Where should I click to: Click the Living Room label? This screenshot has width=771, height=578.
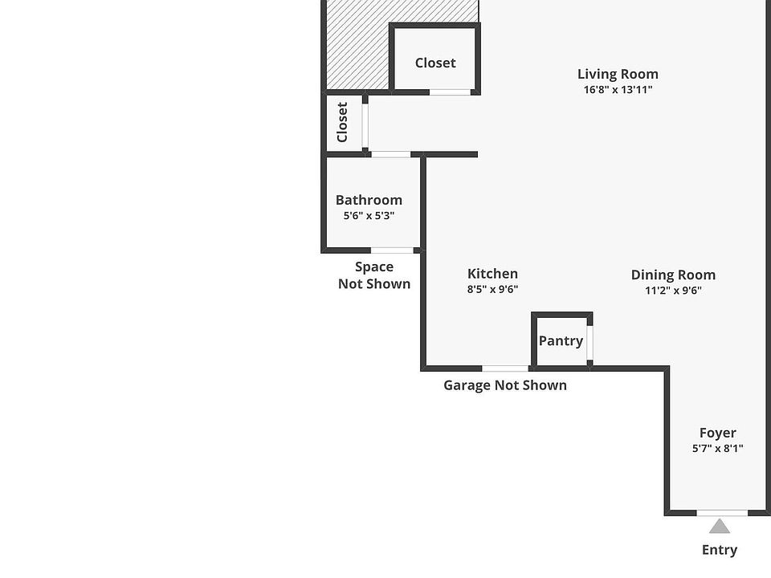[x=618, y=74]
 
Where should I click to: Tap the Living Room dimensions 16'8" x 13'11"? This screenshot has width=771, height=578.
[x=618, y=90]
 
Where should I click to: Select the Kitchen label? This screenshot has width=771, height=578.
[x=492, y=274]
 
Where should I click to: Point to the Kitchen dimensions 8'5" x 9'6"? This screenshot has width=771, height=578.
[x=492, y=290]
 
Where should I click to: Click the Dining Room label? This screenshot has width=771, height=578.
[x=673, y=275]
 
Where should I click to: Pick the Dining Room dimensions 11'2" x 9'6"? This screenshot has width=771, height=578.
[x=673, y=291]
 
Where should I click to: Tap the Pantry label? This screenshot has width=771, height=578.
[x=561, y=340]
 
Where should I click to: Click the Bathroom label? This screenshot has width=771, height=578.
[x=369, y=200]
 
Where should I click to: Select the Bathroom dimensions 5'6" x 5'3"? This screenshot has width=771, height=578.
[x=369, y=216]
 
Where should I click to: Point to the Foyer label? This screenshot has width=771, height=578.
[x=717, y=433]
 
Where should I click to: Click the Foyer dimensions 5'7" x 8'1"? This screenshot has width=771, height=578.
[x=717, y=449]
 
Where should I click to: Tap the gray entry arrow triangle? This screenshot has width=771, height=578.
[x=720, y=527]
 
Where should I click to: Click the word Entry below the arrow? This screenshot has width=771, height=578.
[x=720, y=550]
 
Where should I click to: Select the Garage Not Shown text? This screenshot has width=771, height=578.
[x=505, y=385]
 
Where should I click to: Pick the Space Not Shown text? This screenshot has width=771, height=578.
[x=374, y=275]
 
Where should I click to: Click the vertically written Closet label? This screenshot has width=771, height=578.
[x=342, y=122]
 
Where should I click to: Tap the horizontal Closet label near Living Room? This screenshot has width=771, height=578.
[x=435, y=63]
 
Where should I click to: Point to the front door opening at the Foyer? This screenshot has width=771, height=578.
[x=721, y=512]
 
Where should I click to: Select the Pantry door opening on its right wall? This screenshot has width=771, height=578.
[x=590, y=343]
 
